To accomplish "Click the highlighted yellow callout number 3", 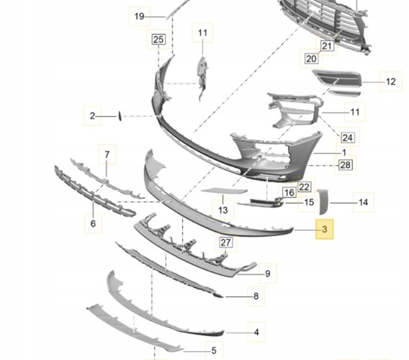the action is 324,229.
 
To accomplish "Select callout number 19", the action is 140,16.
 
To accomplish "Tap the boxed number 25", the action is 158,40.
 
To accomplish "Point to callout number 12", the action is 390,82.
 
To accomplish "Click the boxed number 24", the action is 347,137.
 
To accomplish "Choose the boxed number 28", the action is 346,165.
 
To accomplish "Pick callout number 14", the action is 363,202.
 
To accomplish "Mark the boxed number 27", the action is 226,242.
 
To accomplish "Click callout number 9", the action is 268,274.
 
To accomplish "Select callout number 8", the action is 256,295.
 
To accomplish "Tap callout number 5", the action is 214,350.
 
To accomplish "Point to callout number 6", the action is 93,223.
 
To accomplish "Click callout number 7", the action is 107,154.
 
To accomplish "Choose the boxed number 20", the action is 311,58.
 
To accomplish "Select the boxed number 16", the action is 289,193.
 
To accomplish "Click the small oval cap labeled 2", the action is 120,116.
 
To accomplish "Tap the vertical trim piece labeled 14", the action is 323,202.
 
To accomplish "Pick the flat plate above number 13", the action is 224,191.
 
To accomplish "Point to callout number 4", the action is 257,332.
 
